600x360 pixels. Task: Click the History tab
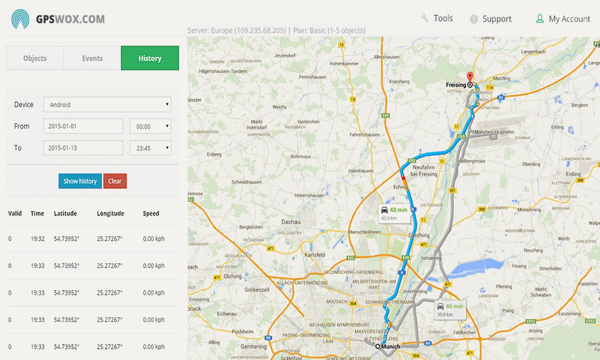[x=150, y=58]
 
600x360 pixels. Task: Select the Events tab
[x=92, y=58]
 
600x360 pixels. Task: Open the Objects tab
[x=35, y=58]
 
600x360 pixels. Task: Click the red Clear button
[x=115, y=181]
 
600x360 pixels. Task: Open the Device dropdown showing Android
[x=107, y=105]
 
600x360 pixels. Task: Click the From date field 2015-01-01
[x=83, y=126]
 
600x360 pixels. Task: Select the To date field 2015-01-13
[x=83, y=148]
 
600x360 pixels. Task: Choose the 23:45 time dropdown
[x=150, y=148]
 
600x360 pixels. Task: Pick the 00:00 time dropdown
[x=150, y=126]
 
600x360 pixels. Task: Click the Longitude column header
[x=111, y=213]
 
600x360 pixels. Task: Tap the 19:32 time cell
[x=37, y=239]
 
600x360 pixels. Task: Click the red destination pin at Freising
[x=470, y=77]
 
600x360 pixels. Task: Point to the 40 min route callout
[x=393, y=213]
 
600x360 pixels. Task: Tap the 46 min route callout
[x=450, y=309]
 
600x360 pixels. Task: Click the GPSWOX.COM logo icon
[x=20, y=19]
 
